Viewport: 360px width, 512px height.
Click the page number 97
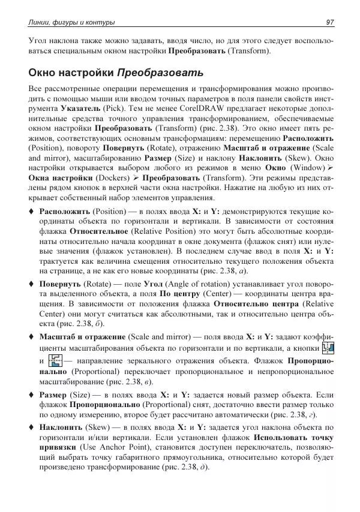(329, 22)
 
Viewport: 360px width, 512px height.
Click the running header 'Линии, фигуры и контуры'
(72, 22)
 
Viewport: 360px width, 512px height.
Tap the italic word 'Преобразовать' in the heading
(160, 74)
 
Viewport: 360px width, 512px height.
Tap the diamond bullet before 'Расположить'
(31, 212)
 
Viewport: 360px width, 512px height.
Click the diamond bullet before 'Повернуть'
(31, 284)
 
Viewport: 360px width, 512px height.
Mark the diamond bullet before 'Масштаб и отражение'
(31, 336)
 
